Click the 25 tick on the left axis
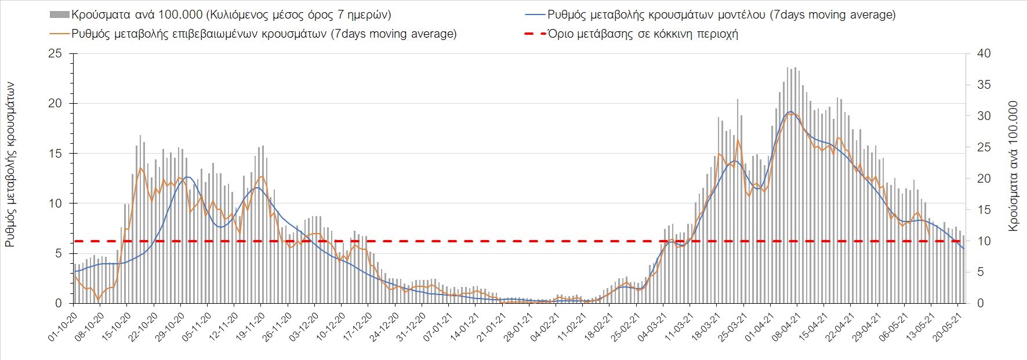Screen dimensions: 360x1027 click(x=55, y=54)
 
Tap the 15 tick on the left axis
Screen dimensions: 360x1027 click(x=55, y=154)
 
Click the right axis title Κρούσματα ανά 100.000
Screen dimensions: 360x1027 click(x=1013, y=166)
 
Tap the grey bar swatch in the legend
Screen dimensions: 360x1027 click(x=60, y=14)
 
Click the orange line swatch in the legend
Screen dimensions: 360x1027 click(x=60, y=34)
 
